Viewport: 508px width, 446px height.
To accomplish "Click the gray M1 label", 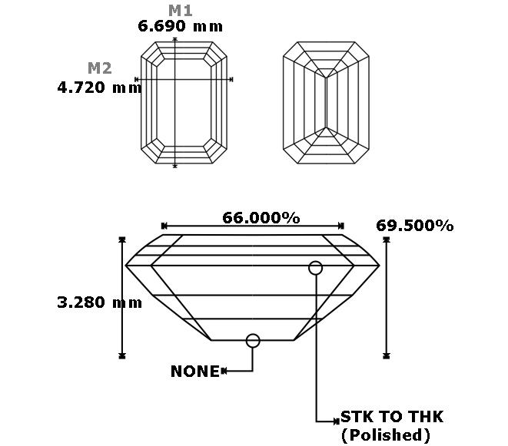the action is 181,11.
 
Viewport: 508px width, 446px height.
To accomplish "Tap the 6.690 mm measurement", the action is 181,26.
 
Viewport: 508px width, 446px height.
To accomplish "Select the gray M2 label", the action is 100,68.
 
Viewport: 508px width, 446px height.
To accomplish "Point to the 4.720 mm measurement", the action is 99,88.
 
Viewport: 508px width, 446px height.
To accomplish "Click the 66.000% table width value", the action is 261,218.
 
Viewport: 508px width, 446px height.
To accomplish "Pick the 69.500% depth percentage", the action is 415,226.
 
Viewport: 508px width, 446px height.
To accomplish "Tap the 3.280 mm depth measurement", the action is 99,302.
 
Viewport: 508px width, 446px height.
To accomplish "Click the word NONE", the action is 195,372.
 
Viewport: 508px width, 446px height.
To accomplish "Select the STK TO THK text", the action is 392,417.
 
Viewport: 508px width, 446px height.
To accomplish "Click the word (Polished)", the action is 386,435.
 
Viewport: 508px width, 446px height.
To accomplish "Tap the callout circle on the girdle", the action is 316,268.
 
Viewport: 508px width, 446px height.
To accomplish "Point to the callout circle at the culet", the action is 253,341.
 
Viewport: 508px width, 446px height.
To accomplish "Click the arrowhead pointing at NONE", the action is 224,371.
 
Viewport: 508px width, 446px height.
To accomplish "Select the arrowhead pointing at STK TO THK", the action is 337,421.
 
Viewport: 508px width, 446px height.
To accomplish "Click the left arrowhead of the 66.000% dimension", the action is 164,226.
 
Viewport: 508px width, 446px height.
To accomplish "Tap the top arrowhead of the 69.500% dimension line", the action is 386,240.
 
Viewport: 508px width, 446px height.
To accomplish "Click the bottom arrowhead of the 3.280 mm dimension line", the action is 122,355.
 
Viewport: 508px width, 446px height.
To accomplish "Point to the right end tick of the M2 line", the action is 231,79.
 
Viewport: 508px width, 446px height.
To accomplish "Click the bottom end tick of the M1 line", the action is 175,166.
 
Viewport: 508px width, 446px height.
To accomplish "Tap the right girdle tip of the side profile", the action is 379,266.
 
